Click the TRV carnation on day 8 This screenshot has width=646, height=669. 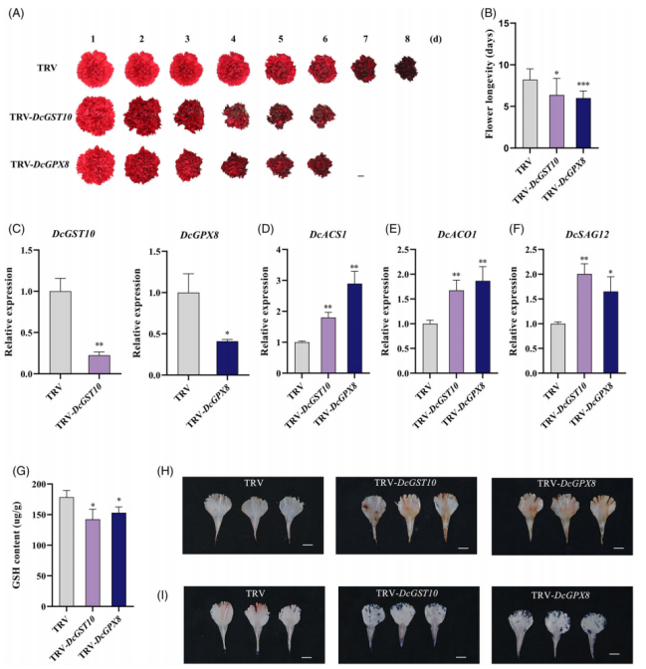[x=406, y=70]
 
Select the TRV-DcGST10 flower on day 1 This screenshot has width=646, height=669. [x=96, y=114]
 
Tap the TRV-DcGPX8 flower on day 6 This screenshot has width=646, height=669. [x=320, y=162]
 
